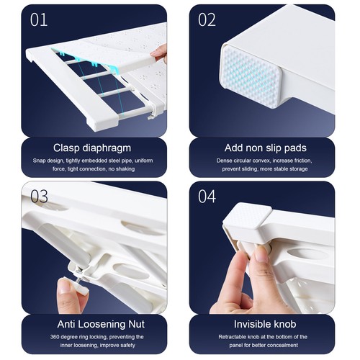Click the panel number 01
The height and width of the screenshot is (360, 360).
tap(39, 20)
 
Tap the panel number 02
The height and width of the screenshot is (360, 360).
tap(207, 20)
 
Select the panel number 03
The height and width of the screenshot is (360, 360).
tap(39, 197)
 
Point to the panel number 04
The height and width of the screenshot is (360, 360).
tap(207, 197)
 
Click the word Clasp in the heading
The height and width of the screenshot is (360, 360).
tap(66, 148)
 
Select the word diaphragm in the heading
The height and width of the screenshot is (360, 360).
tap(107, 148)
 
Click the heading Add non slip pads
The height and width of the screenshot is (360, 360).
tap(266, 148)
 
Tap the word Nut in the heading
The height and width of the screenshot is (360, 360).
tap(136, 324)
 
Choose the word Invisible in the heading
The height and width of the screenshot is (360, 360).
tap(251, 324)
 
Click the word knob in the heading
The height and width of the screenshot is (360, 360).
tap(284, 324)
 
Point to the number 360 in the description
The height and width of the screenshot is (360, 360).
tap(55, 337)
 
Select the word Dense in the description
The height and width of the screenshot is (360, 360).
tap(223, 161)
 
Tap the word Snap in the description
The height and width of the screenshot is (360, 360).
tap(38, 161)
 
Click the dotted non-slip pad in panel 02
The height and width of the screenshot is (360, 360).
tap(251, 75)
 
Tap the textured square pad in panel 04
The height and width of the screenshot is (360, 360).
tap(247, 215)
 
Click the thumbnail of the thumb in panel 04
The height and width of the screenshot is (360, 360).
tap(261, 253)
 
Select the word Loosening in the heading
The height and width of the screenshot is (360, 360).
tap(102, 325)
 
